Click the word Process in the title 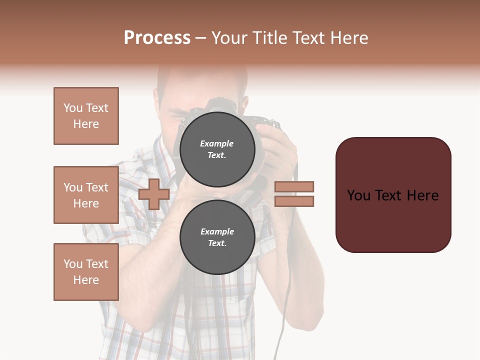[x=157, y=38]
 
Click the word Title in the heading [x=269, y=38]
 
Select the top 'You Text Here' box [x=86, y=116]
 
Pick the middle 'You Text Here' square [x=86, y=195]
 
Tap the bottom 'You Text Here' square [x=86, y=272]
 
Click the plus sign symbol [x=154, y=194]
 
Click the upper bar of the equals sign [x=294, y=186]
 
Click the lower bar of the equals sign [x=294, y=201]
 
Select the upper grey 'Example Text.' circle [x=217, y=149]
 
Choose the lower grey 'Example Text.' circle [x=217, y=237]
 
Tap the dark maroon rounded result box [x=393, y=195]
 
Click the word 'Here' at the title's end [x=349, y=38]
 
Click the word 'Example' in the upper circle [x=216, y=143]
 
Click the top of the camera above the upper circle [x=220, y=105]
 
